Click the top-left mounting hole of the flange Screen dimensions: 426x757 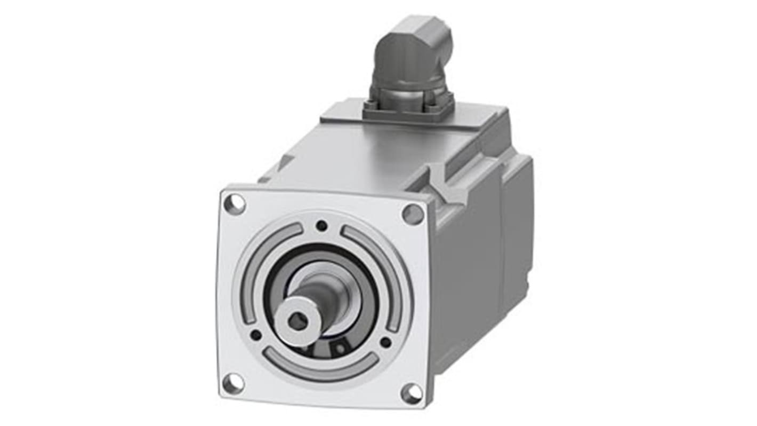click(235, 204)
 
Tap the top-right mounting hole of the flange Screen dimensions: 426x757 click(412, 214)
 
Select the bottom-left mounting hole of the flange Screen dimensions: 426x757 click(233, 382)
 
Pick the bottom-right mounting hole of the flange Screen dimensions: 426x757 click(411, 393)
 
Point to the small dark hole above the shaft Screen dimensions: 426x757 click(321, 226)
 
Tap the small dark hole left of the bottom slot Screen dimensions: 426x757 click(256, 335)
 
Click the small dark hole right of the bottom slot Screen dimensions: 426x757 click(385, 342)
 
